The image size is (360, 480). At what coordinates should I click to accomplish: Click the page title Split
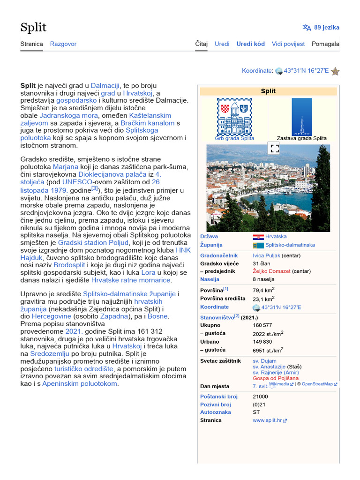pyautogui.click(x=33, y=27)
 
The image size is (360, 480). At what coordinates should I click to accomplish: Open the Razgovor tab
pyautogui.click(x=63, y=44)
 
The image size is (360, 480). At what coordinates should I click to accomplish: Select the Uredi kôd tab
pyautogui.click(x=250, y=44)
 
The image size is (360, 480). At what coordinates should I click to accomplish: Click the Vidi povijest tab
pyautogui.click(x=288, y=44)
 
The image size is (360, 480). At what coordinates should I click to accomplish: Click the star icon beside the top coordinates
pyautogui.click(x=335, y=71)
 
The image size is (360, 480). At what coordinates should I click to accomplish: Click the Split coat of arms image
pyautogui.click(x=234, y=117)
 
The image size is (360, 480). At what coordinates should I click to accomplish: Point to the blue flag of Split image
pyautogui.click(x=301, y=117)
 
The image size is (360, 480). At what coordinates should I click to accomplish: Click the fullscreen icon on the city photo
pyautogui.click(x=275, y=149)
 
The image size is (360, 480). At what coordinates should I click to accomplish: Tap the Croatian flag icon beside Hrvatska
pyautogui.click(x=258, y=237)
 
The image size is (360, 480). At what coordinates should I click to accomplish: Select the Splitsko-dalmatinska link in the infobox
pyautogui.click(x=290, y=245)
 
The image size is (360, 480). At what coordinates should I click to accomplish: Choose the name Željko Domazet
pyautogui.click(x=272, y=271)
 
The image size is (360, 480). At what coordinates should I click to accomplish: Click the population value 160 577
pyautogui.click(x=262, y=325)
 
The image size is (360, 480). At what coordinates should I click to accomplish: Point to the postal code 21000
pyautogui.click(x=260, y=397)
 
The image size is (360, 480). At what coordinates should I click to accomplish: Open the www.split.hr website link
pyautogui.click(x=267, y=420)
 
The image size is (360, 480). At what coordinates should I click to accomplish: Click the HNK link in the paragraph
pyautogui.click(x=183, y=250)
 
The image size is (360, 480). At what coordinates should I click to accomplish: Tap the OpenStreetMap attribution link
pyautogui.click(x=317, y=384)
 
